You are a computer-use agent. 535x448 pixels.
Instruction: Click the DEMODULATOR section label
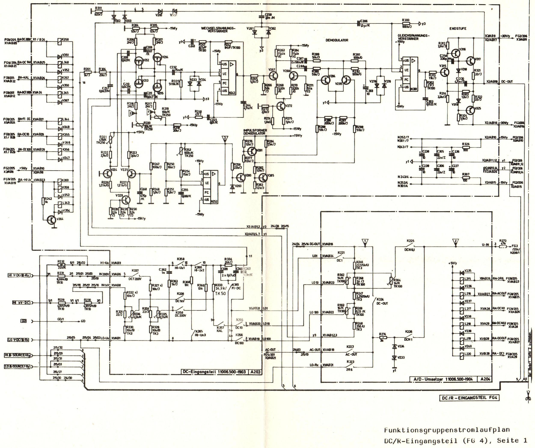(337, 40)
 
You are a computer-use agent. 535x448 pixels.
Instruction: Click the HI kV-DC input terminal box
(21, 303)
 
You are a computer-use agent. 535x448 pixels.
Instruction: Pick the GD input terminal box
(24, 321)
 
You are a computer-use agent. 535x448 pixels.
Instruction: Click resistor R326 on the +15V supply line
(466, 147)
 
